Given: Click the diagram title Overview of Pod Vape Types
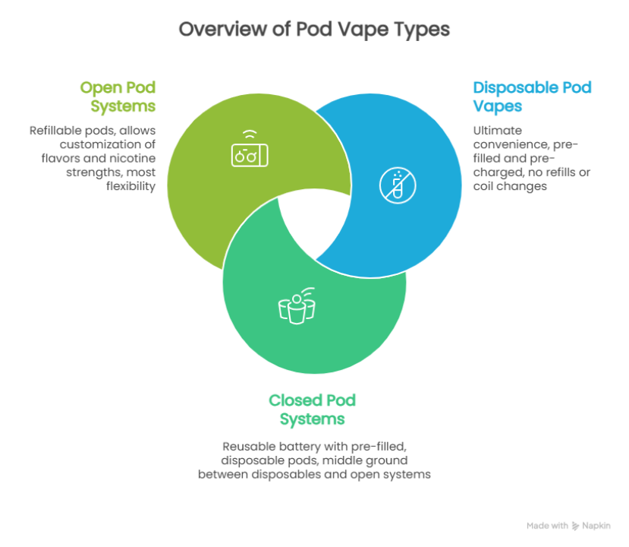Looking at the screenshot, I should click(314, 30).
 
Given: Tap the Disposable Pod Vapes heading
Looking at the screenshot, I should click(531, 96).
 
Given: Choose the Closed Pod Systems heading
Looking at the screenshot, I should click(312, 409).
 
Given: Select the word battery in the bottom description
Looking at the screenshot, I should click(298, 445).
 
